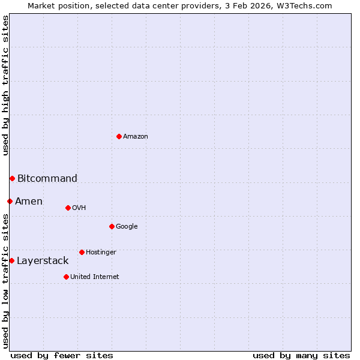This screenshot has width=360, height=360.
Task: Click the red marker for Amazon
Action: [119, 136]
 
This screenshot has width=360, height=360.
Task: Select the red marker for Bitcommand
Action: [12, 178]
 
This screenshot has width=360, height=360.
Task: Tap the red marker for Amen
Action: [10, 201]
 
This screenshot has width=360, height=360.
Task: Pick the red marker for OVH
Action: [68, 208]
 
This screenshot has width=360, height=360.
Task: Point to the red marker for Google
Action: [112, 226]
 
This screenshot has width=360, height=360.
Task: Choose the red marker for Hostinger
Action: [82, 252]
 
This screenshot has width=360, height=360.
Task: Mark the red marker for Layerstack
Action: [11, 260]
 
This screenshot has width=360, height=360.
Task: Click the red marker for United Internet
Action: [66, 277]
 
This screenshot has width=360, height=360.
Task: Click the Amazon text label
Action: [136, 137]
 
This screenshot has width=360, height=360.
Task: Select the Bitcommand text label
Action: [47, 178]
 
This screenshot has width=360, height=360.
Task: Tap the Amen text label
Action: [29, 201]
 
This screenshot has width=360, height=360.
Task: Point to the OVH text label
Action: [79, 208]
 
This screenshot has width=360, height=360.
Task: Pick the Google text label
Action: [127, 227]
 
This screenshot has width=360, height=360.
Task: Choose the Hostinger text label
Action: [101, 253]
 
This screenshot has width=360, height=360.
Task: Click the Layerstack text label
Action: [43, 260]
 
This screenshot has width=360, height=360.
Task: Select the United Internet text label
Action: [95, 277]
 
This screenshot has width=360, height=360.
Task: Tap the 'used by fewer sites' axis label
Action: [62, 355]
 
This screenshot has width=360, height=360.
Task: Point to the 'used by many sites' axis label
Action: [301, 355]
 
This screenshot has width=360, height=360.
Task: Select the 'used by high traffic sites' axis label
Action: [5, 85]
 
